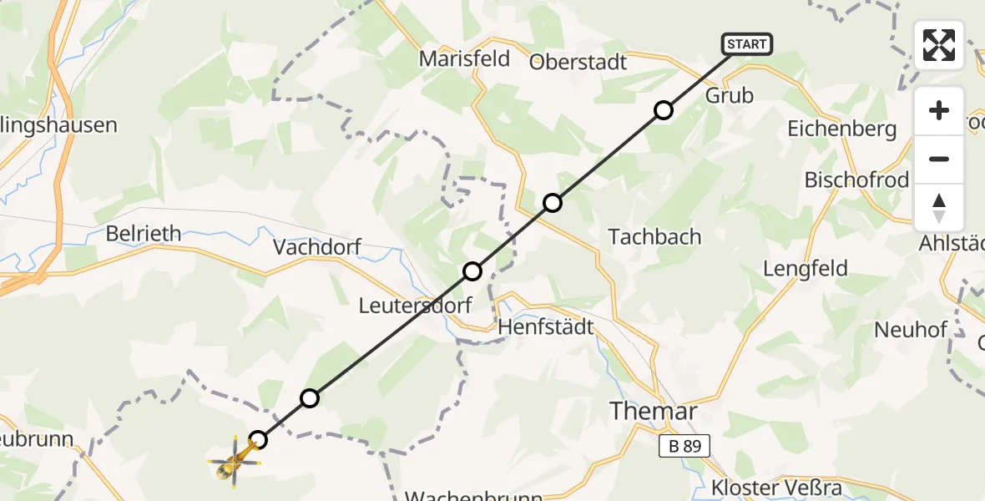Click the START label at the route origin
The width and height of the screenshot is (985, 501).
747,44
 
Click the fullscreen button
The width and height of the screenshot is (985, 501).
939,45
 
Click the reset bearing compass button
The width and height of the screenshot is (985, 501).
939,208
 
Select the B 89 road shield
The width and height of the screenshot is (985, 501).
684,447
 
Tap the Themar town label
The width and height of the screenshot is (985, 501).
653,411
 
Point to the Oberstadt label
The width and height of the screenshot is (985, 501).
578,62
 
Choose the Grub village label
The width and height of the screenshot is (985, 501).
730,95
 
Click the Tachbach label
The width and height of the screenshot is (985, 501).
655,236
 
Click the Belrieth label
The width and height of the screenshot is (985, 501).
144,234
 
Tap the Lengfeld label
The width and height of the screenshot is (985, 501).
806,269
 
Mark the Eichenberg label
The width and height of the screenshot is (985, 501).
842,129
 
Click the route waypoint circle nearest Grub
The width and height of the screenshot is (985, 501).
663,110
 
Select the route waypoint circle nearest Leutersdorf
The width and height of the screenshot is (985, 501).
472,271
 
